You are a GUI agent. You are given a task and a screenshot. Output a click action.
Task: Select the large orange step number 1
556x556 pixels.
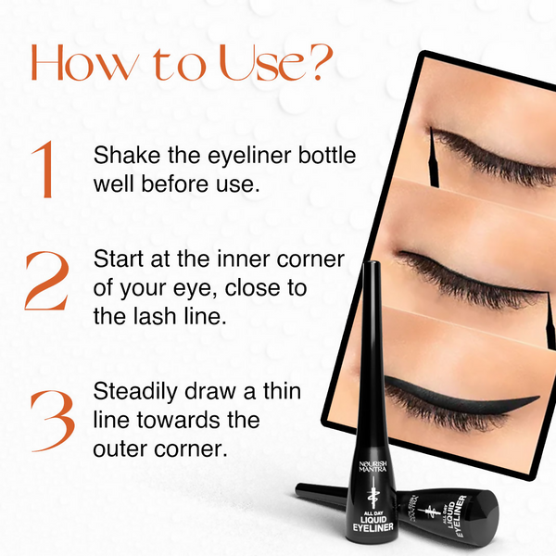(x=44, y=169)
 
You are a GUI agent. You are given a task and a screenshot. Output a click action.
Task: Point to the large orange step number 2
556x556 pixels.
(x=47, y=280)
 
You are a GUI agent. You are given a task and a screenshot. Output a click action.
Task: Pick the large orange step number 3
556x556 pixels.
(x=53, y=421)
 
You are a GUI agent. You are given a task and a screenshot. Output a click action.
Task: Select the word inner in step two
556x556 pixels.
(x=244, y=259)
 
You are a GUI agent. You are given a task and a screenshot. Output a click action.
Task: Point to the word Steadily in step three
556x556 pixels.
(x=135, y=393)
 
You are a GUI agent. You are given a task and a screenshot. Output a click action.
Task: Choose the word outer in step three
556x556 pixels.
(x=120, y=449)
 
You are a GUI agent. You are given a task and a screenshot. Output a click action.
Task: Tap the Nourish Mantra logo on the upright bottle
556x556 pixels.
(x=373, y=466)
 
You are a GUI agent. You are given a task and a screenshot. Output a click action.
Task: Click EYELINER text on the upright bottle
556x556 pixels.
(x=373, y=527)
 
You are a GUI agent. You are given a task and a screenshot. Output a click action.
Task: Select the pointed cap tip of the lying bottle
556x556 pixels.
(x=297, y=487)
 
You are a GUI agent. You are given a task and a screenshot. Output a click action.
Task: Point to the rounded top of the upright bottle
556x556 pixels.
(x=373, y=264)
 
